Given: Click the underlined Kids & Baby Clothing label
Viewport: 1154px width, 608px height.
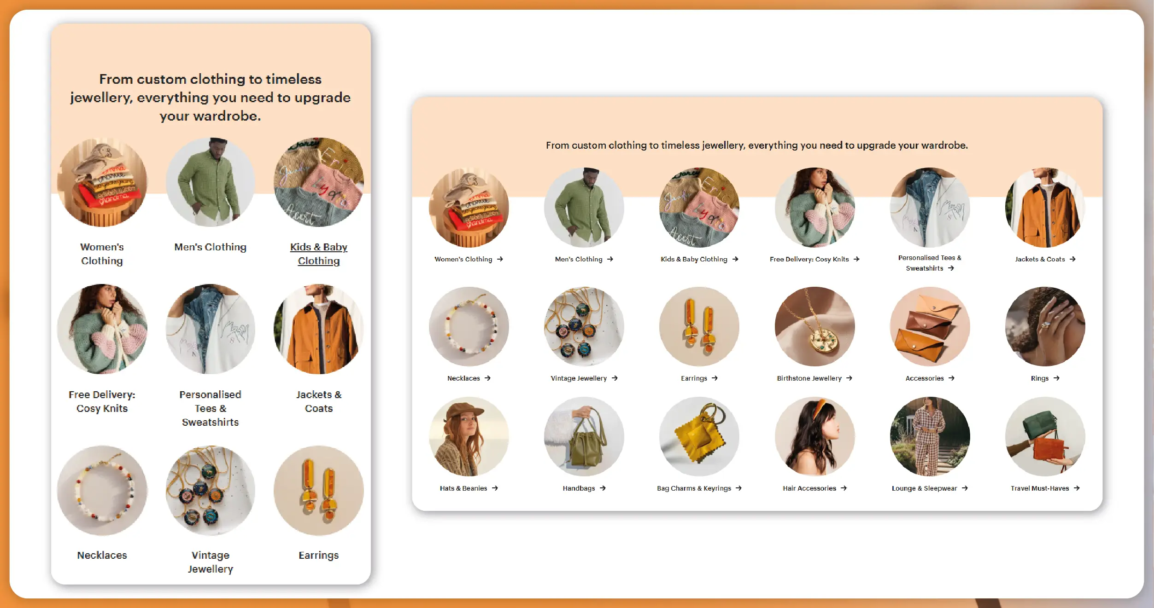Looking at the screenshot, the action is click(x=319, y=254).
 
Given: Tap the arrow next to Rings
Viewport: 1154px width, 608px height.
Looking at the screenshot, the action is click(x=1056, y=378).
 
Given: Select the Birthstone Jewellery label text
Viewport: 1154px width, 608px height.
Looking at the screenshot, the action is click(x=809, y=378).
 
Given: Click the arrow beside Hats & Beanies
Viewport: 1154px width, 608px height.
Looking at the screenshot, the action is click(x=495, y=488).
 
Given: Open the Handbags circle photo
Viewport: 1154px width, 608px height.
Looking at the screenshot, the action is click(x=584, y=436).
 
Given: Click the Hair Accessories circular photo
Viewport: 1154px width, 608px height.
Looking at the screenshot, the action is click(x=814, y=436).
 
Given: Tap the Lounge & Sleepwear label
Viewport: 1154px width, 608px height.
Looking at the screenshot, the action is click(x=924, y=488).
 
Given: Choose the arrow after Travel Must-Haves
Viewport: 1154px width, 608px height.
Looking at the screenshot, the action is click(x=1077, y=488).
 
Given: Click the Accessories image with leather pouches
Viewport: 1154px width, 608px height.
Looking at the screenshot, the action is click(x=930, y=326).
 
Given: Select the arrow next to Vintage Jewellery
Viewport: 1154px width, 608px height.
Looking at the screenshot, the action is click(x=615, y=378).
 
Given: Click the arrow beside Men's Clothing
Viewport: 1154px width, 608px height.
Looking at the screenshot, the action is click(x=610, y=259).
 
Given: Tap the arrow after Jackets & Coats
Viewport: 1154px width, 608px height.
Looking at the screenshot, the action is click(x=1072, y=259).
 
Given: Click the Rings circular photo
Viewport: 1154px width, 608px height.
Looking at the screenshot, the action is click(x=1045, y=326).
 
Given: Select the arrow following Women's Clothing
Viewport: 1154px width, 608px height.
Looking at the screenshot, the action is click(x=500, y=259).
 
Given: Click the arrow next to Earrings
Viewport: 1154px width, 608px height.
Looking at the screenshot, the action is click(x=715, y=378).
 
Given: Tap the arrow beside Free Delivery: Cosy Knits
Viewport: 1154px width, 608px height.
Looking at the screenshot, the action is click(x=856, y=259).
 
